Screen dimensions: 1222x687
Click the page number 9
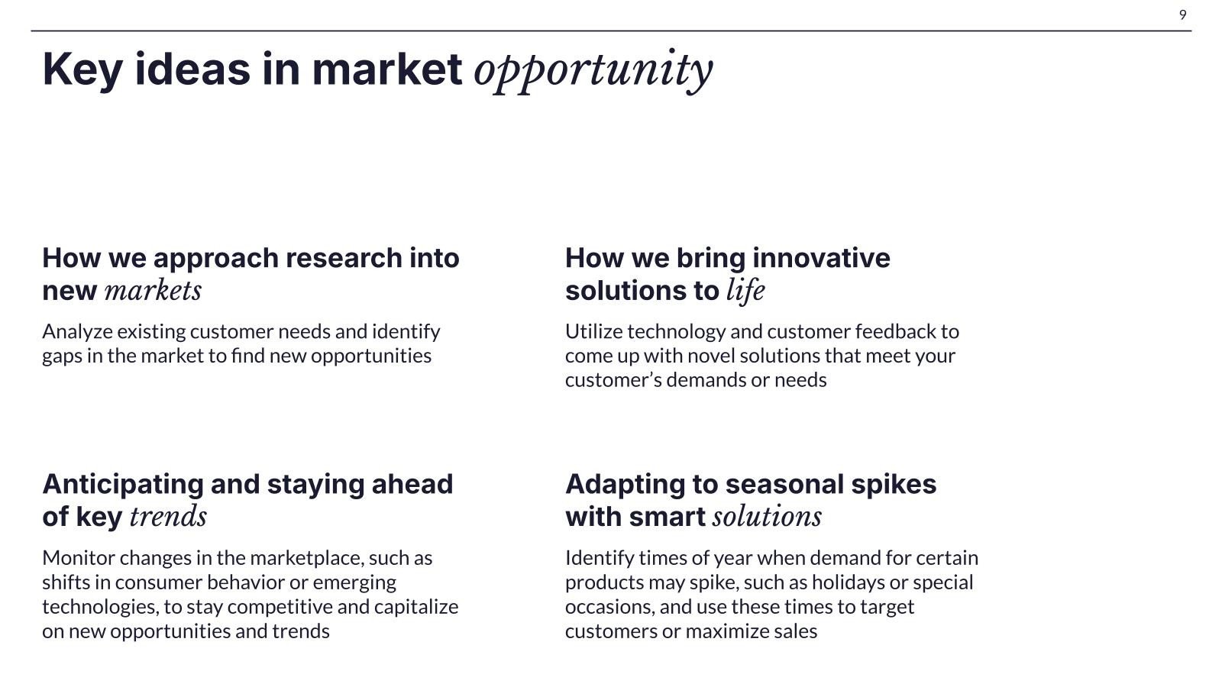click(x=1182, y=15)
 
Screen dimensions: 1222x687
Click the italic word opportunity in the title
click(x=593, y=72)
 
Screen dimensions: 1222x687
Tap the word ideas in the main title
click(x=192, y=69)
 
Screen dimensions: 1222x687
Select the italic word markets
click(x=153, y=291)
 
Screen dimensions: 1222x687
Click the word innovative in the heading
click(x=821, y=258)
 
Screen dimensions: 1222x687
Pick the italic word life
click(x=745, y=291)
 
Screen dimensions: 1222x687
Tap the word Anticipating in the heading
click(x=123, y=485)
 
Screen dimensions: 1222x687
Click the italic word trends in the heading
click(x=168, y=517)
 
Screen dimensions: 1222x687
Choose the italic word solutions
click(x=767, y=517)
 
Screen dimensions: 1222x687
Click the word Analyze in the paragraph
click(x=77, y=332)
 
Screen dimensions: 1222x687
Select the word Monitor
click(x=79, y=558)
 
